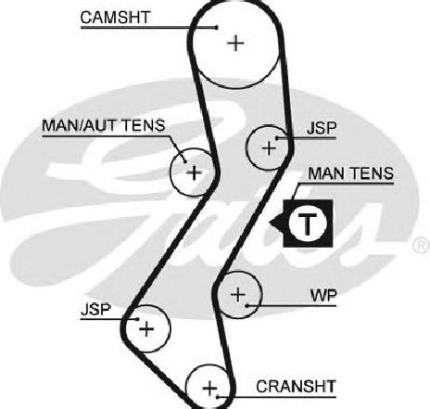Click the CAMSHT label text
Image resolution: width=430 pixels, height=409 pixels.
click(x=115, y=18)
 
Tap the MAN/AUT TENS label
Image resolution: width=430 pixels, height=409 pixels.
click(x=104, y=125)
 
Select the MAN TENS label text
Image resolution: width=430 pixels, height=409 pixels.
click(x=351, y=173)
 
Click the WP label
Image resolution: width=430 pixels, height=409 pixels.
click(x=323, y=296)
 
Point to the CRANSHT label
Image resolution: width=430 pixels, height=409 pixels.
click(x=296, y=387)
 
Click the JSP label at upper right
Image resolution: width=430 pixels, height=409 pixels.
click(x=322, y=128)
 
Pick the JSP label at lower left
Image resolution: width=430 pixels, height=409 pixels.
click(x=95, y=309)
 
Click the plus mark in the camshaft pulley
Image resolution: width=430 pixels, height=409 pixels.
click(x=235, y=43)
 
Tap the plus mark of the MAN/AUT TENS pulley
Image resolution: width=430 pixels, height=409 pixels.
click(x=194, y=173)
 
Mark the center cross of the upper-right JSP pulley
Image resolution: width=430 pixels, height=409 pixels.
click(x=269, y=148)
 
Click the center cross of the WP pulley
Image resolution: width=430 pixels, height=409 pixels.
click(x=238, y=294)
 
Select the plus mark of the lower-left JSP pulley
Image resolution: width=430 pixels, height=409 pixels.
click(x=146, y=328)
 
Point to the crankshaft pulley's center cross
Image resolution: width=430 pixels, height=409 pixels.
click(x=209, y=389)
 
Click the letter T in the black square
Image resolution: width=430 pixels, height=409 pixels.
click(x=307, y=224)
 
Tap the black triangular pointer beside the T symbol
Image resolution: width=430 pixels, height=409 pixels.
click(x=276, y=223)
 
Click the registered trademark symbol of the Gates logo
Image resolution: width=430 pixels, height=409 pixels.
click(x=422, y=246)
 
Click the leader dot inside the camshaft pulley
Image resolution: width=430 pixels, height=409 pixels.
click(x=217, y=28)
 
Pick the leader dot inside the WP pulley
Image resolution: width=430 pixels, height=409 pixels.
click(x=247, y=306)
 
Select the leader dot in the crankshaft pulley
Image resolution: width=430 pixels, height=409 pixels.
click(x=218, y=396)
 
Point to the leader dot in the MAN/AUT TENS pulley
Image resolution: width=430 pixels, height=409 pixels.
click(x=185, y=161)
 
